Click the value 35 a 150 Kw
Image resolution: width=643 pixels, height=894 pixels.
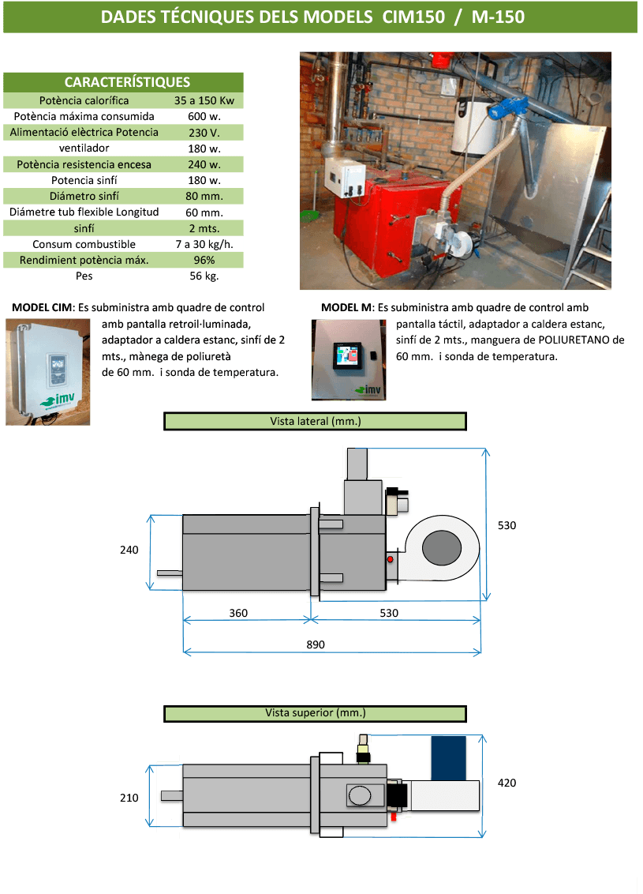coord(204,100)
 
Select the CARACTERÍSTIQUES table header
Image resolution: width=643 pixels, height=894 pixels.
coord(127,82)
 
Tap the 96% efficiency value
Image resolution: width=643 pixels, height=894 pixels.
coord(204,260)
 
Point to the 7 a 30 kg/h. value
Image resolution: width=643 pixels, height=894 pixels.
coord(204,244)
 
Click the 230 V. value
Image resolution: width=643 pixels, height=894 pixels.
coord(204,132)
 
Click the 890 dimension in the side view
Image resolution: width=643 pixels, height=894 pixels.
coord(316,644)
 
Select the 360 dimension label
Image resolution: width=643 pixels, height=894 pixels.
coord(239,613)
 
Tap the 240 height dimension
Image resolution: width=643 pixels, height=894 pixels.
coord(129,550)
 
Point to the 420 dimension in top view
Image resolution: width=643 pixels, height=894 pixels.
coord(507,783)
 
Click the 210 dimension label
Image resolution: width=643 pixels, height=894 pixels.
coord(129,798)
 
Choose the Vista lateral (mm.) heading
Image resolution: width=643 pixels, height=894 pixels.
coord(315,422)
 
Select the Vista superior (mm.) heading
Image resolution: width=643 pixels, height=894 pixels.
coord(315,712)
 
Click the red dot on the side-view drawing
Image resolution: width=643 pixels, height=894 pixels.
coord(390,559)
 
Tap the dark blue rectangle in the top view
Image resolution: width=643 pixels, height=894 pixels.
coord(448,757)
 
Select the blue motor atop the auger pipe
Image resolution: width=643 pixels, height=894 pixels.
coord(506,108)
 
